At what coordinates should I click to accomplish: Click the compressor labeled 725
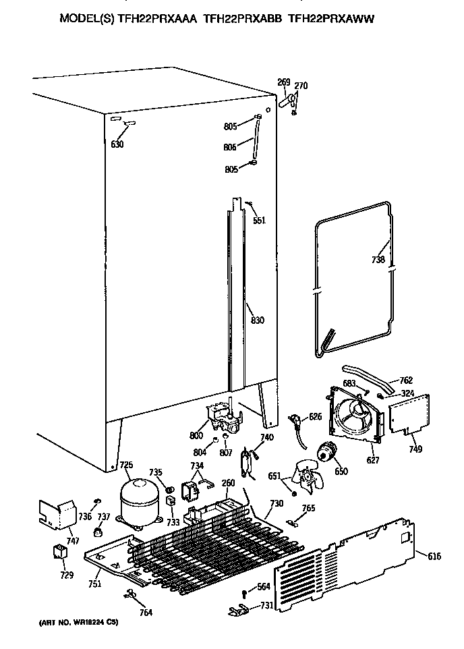(x=140, y=501)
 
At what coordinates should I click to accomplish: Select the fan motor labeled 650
(x=328, y=453)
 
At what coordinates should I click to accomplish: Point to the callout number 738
(x=378, y=260)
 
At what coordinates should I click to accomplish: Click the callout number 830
(x=256, y=321)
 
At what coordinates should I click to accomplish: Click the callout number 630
(x=117, y=144)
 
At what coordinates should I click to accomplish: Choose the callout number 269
(x=283, y=83)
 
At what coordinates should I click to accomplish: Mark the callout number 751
(x=94, y=584)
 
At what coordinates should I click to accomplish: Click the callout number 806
(x=231, y=147)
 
